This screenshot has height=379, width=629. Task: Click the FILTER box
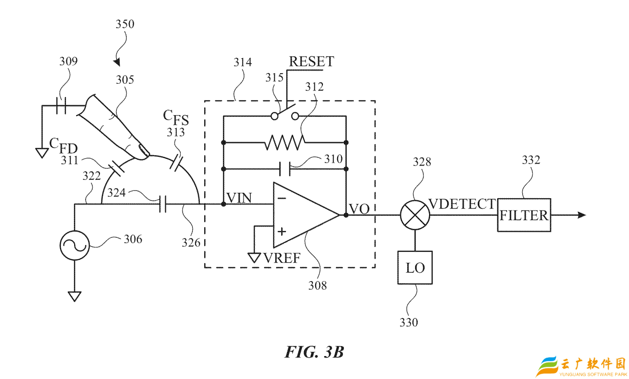[x=524, y=215]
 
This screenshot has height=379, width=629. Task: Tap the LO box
[x=415, y=267]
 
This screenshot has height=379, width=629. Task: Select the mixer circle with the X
[x=415, y=215]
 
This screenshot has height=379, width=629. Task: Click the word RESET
[x=311, y=62]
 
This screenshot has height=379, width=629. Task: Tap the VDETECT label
[x=462, y=204]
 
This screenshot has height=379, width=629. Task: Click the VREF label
[x=281, y=258]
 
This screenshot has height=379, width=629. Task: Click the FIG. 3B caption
[x=314, y=352]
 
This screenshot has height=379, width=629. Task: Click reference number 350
[x=125, y=24]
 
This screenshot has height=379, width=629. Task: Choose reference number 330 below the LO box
[x=408, y=322]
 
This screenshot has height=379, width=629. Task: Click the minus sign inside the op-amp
[x=282, y=198]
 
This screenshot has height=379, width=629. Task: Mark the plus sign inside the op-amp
[x=282, y=232]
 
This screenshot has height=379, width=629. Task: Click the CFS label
[x=176, y=116]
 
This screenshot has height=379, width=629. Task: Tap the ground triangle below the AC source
[x=74, y=296]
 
